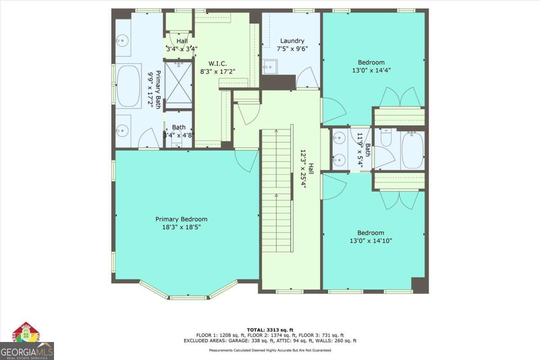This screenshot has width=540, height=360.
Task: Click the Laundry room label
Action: [292, 41]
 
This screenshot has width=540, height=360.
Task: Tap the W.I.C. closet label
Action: [218, 63]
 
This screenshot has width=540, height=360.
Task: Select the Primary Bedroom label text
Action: [181, 219]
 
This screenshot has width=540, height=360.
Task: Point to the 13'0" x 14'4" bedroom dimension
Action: [371, 70]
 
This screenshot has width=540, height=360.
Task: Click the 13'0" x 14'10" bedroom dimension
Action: [371, 240]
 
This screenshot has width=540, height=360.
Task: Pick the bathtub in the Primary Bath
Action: [129, 85]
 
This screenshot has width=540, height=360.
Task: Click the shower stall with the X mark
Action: [178, 82]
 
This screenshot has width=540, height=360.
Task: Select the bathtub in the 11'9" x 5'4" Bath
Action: [412, 150]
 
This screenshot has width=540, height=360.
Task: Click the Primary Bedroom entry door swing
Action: [247, 160]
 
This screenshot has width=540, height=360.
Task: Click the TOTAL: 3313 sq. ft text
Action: [270, 330]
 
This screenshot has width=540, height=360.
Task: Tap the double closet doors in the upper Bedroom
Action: [400, 97]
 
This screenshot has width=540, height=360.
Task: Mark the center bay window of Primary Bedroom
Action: [189, 297]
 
